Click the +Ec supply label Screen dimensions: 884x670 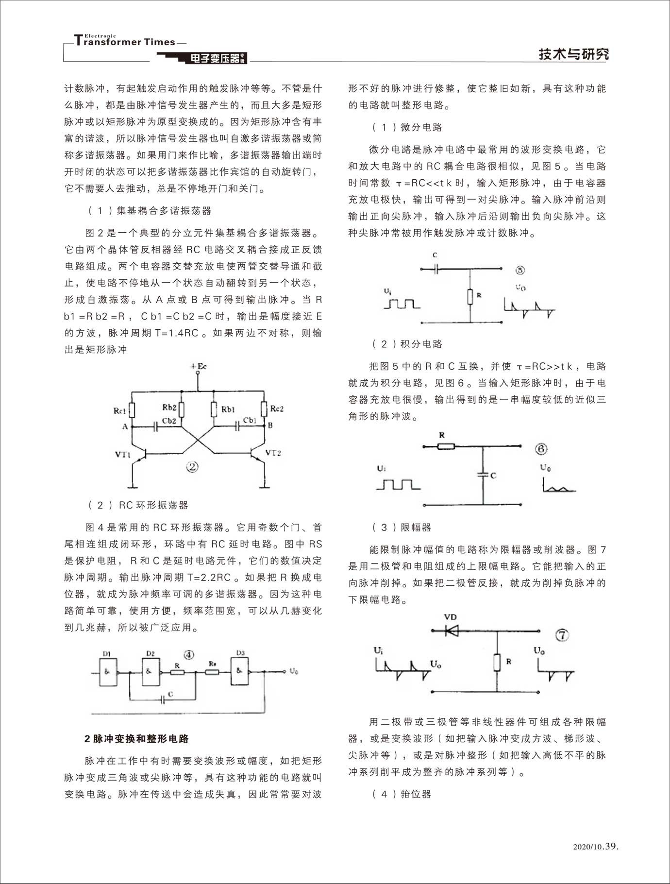tap(198, 366)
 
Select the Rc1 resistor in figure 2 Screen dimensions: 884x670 tap(133, 410)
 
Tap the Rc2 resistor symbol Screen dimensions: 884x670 tap(264, 408)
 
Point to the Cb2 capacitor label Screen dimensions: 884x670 tap(168, 421)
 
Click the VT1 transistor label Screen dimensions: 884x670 tap(123, 455)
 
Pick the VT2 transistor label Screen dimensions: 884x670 tap(273, 453)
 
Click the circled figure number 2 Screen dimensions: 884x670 tap(193, 467)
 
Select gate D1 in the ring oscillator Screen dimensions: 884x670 tap(108, 672)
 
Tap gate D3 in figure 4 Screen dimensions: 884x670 tap(239, 671)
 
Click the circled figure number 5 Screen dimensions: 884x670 tap(520, 270)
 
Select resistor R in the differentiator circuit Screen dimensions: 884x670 tap(470, 296)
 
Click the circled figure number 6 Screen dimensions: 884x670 tap(541, 449)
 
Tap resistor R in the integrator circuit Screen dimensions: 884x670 tap(446, 445)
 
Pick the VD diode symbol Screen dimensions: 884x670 tap(452, 630)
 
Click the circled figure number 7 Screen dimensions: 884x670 tap(562, 635)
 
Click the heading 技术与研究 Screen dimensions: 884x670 tap(573, 54)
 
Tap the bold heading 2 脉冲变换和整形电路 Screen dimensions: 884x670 tap(136, 739)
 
